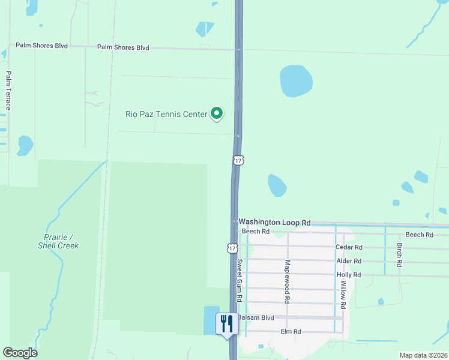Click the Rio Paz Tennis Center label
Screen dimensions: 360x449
click(x=166, y=113)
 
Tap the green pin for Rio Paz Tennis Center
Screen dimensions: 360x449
click(x=217, y=113)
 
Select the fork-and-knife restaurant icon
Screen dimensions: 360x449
click(x=227, y=323)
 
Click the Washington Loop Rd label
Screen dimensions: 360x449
click(x=274, y=222)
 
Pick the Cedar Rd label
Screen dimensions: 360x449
click(x=349, y=247)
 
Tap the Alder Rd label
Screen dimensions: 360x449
click(x=349, y=261)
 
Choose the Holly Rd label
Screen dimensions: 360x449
click(x=349, y=275)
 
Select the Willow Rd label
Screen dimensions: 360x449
click(x=343, y=296)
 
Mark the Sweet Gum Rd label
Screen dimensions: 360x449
click(x=239, y=280)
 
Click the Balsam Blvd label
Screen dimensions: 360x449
click(x=256, y=317)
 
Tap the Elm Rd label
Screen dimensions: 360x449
click(x=290, y=331)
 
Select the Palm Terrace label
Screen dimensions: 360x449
click(x=8, y=91)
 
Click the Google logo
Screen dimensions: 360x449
click(x=20, y=353)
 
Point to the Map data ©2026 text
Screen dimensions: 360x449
click(x=423, y=355)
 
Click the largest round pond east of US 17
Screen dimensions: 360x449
click(x=296, y=80)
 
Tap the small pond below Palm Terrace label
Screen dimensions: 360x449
click(x=25, y=145)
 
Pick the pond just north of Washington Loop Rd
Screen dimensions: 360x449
click(x=277, y=185)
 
